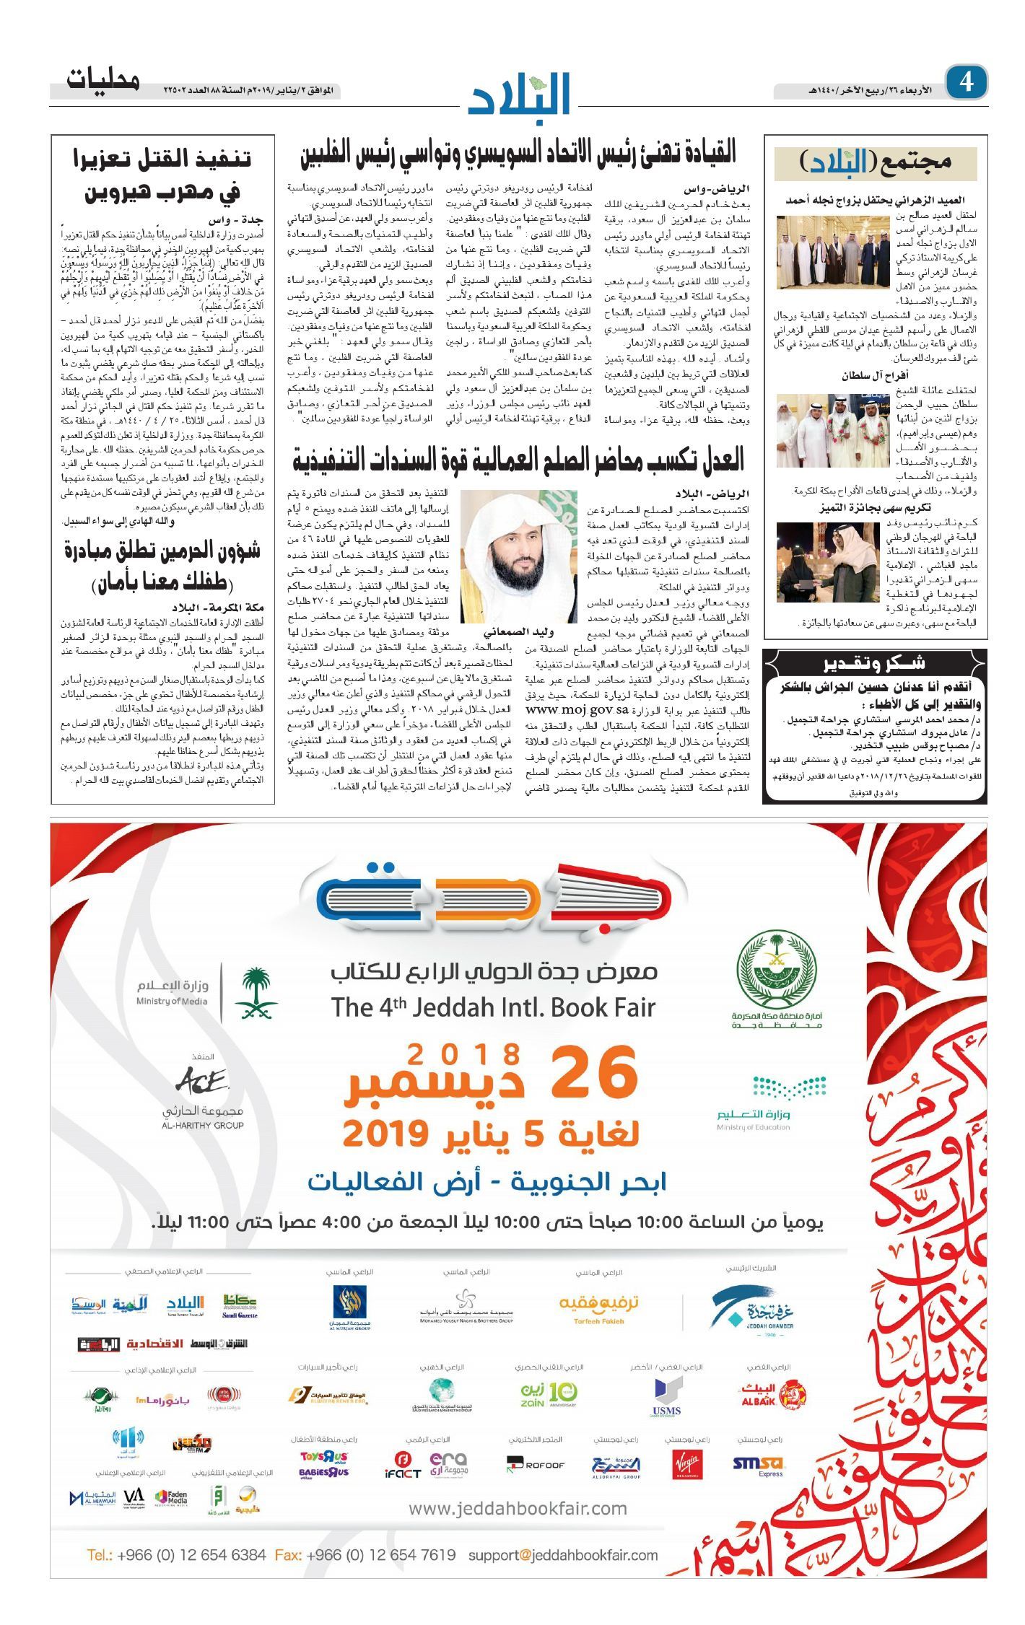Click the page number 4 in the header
(967, 82)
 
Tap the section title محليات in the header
(103, 79)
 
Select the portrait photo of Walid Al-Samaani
(518, 556)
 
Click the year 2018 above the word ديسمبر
(463, 1054)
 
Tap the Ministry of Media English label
(172, 1001)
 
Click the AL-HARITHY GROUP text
(203, 1124)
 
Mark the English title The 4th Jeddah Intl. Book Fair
(493, 1007)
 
